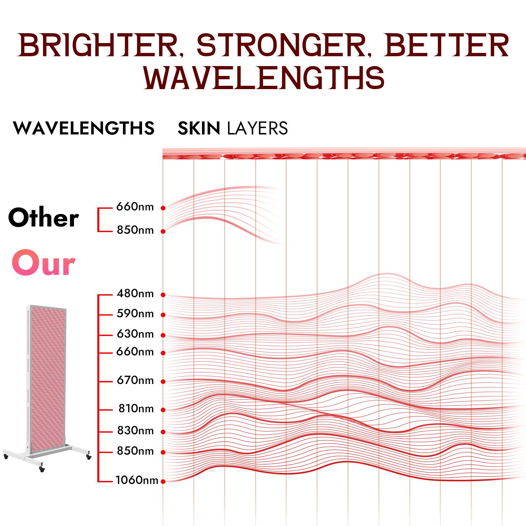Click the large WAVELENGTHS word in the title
click(x=264, y=78)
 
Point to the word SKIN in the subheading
click(x=199, y=128)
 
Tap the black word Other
click(x=43, y=218)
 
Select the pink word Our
click(x=43, y=263)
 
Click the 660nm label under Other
click(x=135, y=207)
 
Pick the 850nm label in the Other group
click(x=135, y=230)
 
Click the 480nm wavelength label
click(x=135, y=294)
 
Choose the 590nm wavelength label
click(x=135, y=314)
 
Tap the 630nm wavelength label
click(x=135, y=334)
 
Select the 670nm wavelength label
click(x=135, y=381)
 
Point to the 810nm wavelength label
click(x=136, y=409)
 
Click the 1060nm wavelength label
click(x=137, y=481)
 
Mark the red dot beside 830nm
click(x=163, y=432)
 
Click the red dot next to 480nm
click(x=163, y=295)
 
